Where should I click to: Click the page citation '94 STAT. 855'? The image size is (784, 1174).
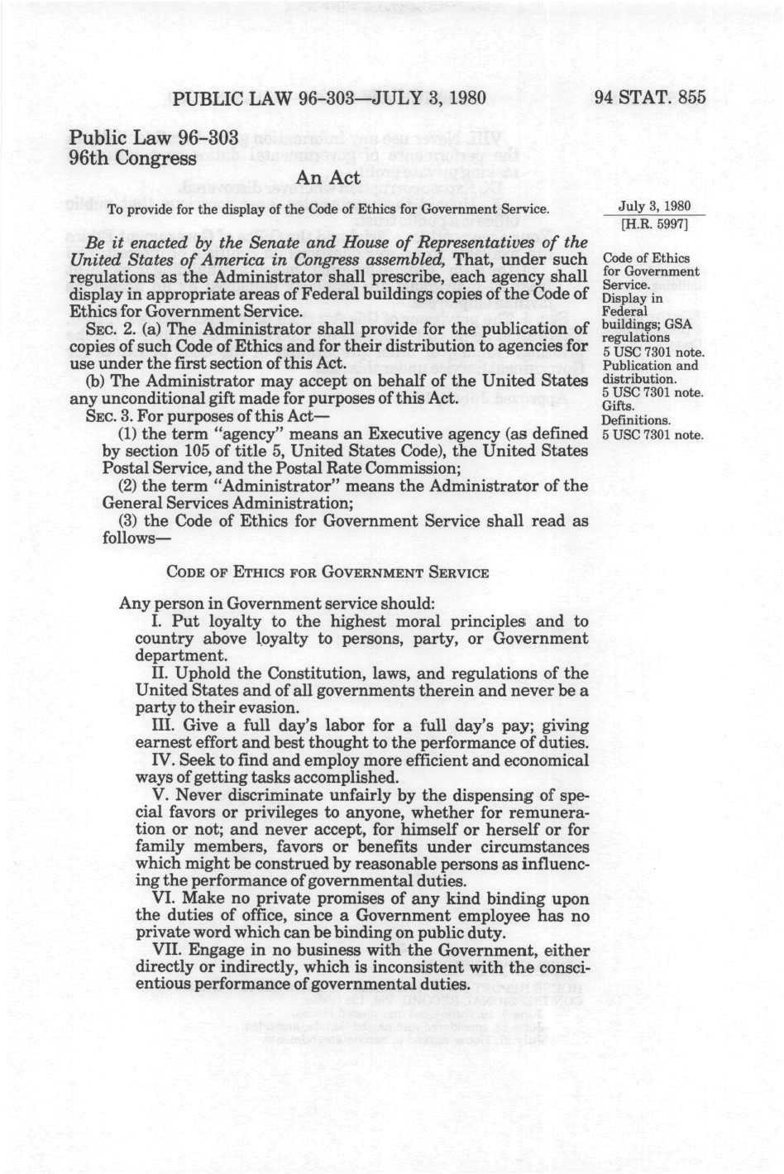tap(650, 97)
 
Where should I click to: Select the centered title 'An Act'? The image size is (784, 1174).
tap(328, 177)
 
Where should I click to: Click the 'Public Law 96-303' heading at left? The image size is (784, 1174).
tap(154, 137)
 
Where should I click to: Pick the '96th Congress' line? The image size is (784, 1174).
tap(132, 157)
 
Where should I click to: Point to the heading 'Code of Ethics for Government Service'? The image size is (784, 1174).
tap(327, 572)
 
